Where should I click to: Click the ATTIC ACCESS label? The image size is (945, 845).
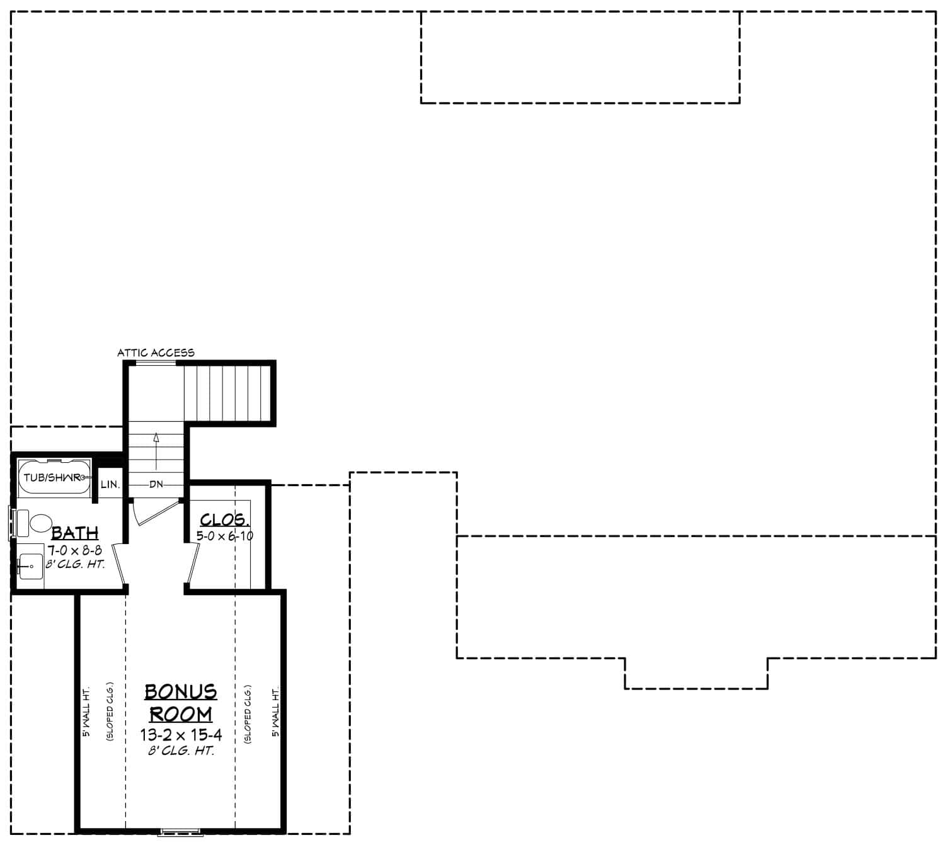tap(156, 353)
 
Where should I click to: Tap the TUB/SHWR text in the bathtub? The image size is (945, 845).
tap(52, 477)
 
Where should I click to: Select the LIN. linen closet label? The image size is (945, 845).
tap(110, 485)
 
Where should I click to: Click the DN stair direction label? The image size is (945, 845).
tap(156, 484)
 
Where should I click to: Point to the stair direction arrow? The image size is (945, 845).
tap(156, 451)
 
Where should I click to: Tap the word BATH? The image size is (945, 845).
tap(75, 533)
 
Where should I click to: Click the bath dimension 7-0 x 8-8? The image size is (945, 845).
tap(74, 550)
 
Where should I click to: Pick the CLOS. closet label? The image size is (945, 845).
tap(225, 519)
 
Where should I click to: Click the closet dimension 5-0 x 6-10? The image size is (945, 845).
tap(225, 536)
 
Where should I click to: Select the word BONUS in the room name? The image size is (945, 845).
tap(181, 691)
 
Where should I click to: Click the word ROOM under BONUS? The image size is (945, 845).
tap(181, 714)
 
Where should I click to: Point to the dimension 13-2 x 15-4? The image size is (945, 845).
tap(181, 735)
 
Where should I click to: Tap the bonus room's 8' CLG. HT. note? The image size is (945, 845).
tap(181, 751)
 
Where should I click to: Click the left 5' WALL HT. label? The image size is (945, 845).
tap(87, 712)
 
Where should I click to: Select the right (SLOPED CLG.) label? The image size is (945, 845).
tap(248, 714)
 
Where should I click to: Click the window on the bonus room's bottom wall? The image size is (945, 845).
tap(180, 832)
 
